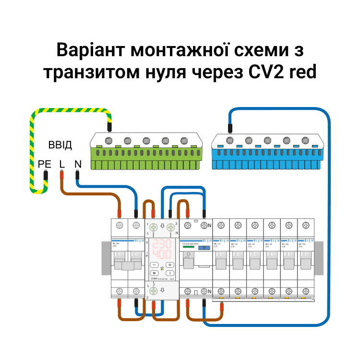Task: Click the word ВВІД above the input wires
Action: pos(60,145)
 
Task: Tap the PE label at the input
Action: pos(44,164)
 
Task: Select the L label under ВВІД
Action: pos(61,164)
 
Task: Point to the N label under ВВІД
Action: pos(78,164)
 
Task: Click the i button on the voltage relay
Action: pos(171,272)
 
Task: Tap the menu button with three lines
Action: pos(154,272)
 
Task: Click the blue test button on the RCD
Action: pos(205,247)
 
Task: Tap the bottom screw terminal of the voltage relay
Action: pos(154,290)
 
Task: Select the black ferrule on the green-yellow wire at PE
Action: pos(46,176)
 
